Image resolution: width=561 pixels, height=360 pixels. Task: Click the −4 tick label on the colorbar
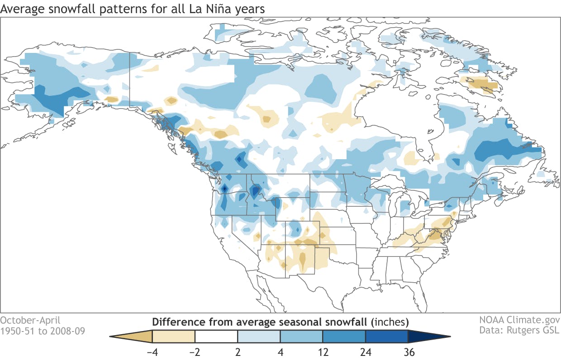[x=152, y=351]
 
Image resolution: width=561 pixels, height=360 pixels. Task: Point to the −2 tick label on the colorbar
[x=195, y=351]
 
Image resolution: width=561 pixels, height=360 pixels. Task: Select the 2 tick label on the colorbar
[x=238, y=351]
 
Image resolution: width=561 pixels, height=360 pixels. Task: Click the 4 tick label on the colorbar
[x=280, y=351]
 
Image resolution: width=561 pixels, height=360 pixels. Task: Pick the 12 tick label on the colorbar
[x=323, y=351]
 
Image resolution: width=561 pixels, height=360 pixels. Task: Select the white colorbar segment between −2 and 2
[x=216, y=336]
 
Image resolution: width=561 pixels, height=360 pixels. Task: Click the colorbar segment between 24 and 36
[x=386, y=336]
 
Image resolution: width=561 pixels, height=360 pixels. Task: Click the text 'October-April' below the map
[x=30, y=320]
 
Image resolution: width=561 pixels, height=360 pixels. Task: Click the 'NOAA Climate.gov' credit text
[x=519, y=320]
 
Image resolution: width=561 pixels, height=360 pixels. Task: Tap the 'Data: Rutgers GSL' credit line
[x=519, y=331]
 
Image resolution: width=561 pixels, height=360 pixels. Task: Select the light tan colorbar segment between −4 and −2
[x=174, y=336]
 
